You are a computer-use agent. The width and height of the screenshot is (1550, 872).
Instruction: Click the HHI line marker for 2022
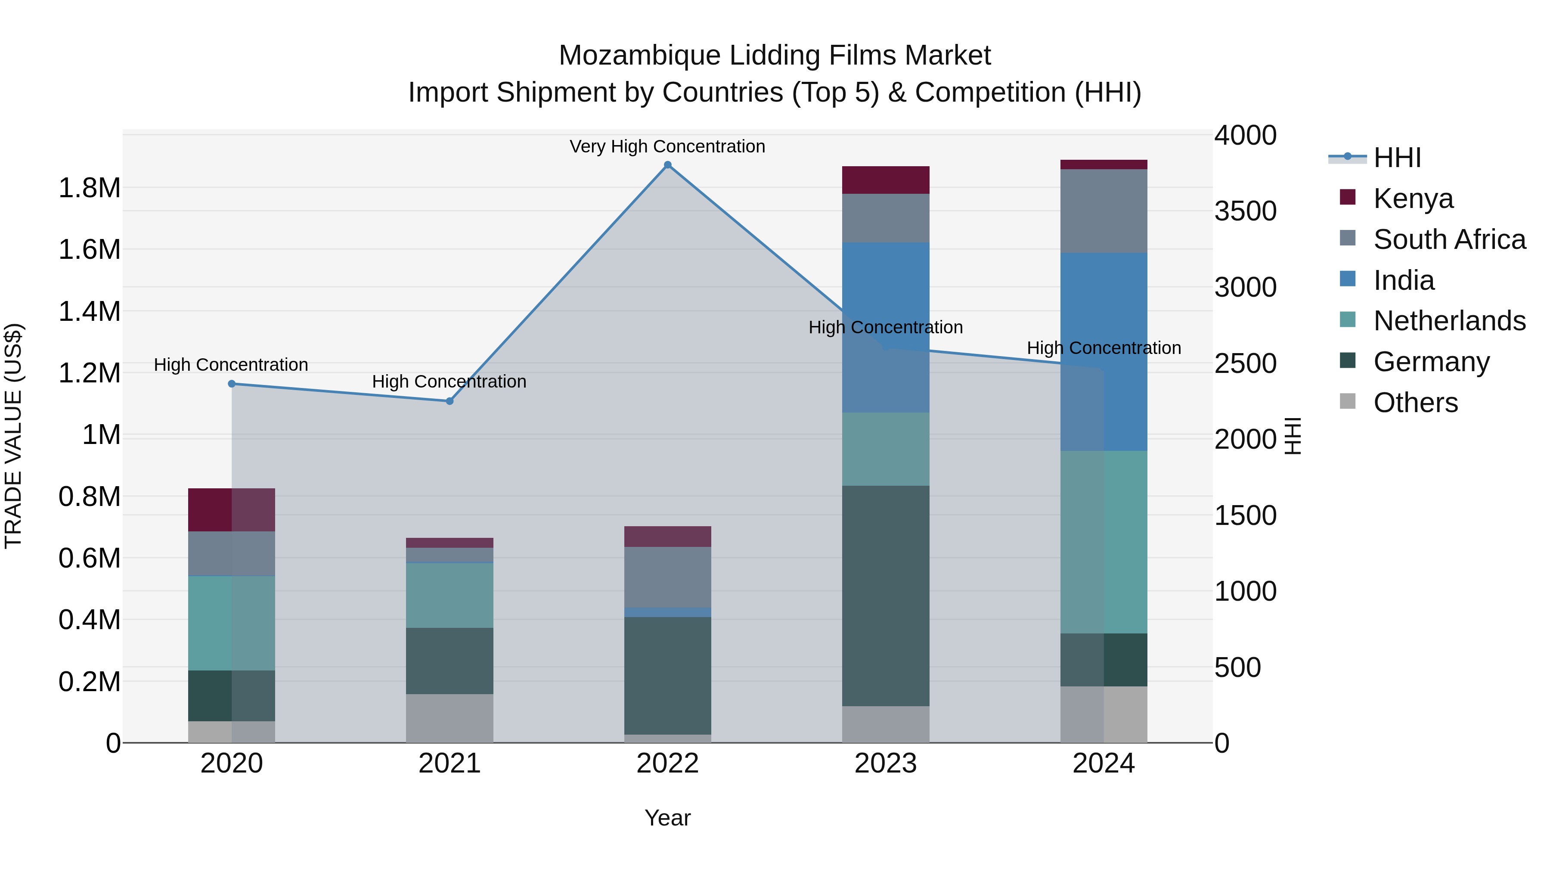667,165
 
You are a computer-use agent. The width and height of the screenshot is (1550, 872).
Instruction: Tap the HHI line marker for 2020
232,384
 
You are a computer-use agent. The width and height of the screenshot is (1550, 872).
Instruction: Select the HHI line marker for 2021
449,401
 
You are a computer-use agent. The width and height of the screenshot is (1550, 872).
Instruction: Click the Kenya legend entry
1412,199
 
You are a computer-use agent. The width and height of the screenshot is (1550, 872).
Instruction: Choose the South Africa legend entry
1449,239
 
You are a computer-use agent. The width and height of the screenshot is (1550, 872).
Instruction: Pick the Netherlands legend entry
1449,321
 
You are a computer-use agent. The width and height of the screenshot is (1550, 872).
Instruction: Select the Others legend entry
1415,403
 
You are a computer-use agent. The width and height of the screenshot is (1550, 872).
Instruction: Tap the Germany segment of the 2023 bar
885,596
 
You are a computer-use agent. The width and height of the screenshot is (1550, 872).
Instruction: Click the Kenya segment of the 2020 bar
232,510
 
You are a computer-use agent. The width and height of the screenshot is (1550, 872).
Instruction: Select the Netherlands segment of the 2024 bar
1104,542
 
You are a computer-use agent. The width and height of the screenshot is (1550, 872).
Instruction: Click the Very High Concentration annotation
667,146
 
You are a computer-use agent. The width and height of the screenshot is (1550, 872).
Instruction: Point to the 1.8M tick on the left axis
89,188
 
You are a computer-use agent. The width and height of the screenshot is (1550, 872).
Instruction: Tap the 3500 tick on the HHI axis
1245,211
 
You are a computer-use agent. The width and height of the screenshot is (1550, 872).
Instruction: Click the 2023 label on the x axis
885,763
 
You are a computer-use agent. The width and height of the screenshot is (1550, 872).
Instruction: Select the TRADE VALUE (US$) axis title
13,436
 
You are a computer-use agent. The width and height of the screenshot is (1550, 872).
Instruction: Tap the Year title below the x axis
667,818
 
